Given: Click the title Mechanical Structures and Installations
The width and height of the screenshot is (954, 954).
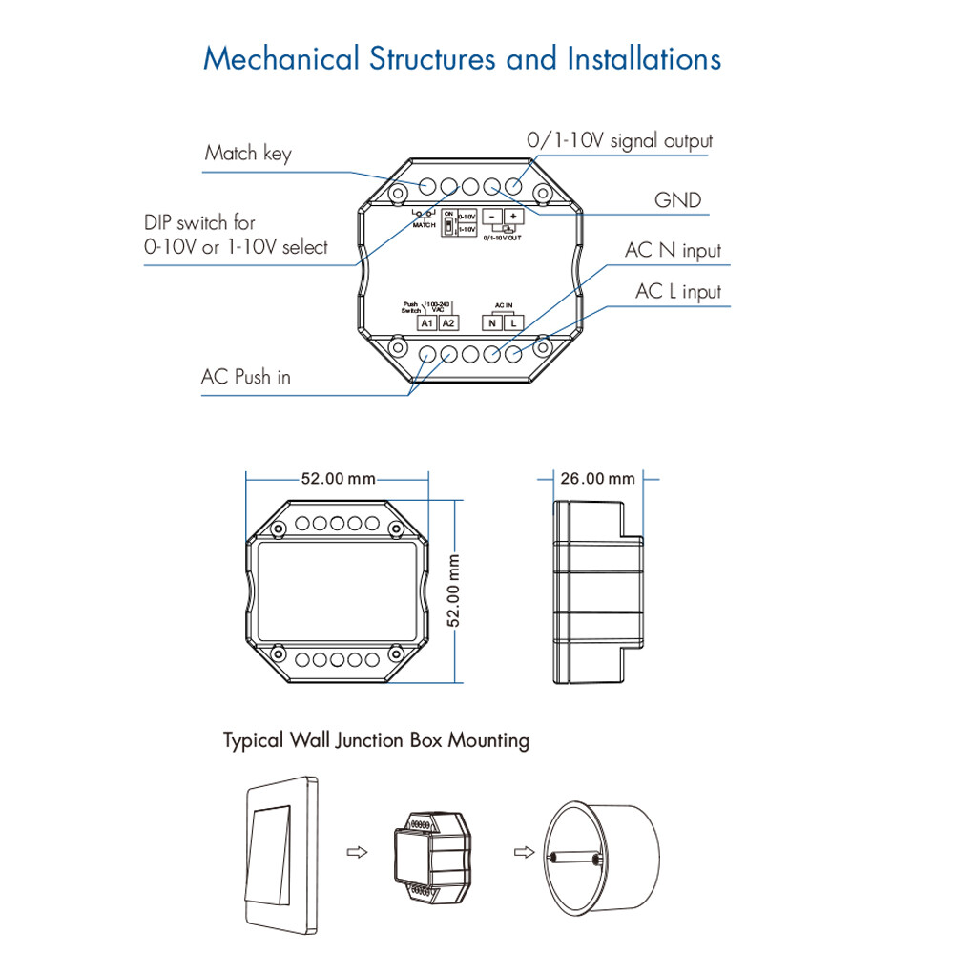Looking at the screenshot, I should [463, 58].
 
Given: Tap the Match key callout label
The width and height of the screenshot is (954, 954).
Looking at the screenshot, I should [248, 154].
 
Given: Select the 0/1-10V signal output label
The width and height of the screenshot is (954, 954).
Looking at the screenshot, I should [620, 141].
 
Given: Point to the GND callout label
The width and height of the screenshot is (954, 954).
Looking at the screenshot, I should [677, 200].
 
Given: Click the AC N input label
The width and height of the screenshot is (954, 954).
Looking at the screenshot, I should [673, 251].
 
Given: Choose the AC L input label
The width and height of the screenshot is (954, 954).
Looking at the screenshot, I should [678, 292].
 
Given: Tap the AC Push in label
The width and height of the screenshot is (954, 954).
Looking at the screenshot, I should [245, 377].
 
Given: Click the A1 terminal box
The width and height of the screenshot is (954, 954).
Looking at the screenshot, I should [427, 322].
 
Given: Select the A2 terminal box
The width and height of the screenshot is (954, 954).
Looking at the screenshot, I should [448, 322].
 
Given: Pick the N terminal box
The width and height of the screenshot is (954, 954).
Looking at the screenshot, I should [492, 322].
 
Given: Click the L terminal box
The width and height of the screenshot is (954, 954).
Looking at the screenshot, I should [513, 322].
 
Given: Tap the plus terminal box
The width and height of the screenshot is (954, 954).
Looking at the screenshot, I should [512, 217].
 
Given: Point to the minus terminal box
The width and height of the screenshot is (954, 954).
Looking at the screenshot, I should [492, 217].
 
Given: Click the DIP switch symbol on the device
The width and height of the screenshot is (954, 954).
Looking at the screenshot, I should [447, 230].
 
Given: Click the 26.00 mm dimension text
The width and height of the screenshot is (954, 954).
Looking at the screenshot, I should [597, 479].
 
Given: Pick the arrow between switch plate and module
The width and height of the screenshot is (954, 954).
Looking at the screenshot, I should [355, 850].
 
